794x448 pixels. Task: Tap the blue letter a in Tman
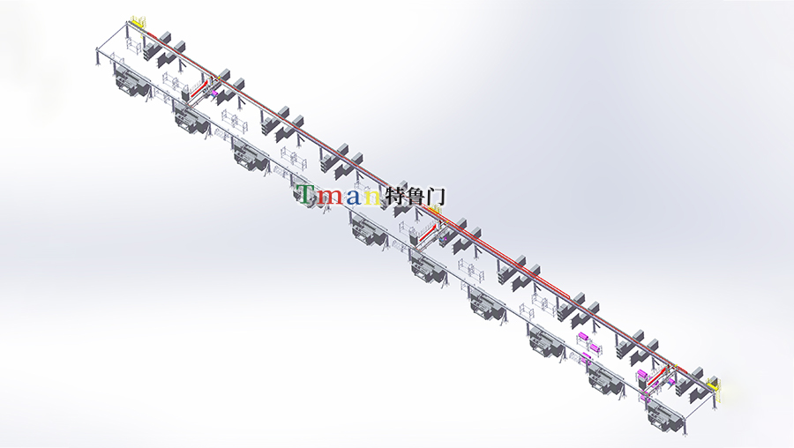(x=354, y=197)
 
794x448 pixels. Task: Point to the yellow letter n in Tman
(x=372, y=197)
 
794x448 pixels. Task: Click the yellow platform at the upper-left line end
(x=139, y=23)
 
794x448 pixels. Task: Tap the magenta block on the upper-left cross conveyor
(x=214, y=93)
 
